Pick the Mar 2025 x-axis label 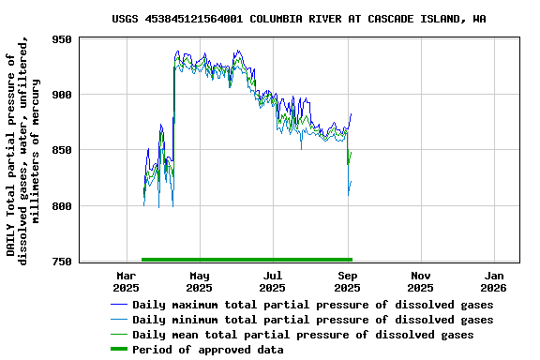click(x=126, y=281)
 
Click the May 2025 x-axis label click(x=199, y=281)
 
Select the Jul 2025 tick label click(x=272, y=281)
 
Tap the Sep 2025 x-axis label click(x=347, y=281)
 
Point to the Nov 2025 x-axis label click(x=420, y=281)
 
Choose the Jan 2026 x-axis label click(x=494, y=281)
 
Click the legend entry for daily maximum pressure click(x=312, y=305)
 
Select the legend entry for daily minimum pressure click(x=312, y=320)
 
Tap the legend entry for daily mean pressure click(x=303, y=335)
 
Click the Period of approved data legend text click(x=207, y=350)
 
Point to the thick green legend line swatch click(x=118, y=350)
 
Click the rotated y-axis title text click(x=23, y=150)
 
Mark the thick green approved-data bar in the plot click(x=247, y=259)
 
